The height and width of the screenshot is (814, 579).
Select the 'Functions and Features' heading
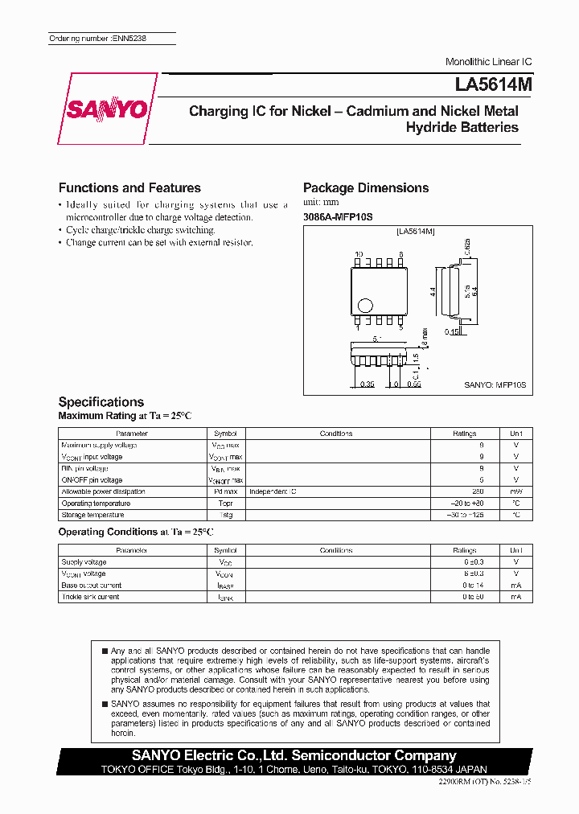pyautogui.click(x=129, y=187)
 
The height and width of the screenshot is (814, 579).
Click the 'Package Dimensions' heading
pyautogui.click(x=366, y=187)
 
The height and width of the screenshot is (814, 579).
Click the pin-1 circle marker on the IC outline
pyautogui.click(x=366, y=305)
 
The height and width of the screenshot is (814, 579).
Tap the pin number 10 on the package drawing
pyautogui.click(x=359, y=254)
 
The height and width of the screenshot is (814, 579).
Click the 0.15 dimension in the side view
pyautogui.click(x=454, y=331)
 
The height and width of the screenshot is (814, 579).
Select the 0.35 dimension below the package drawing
pyautogui.click(x=368, y=384)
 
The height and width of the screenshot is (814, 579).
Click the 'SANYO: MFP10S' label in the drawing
pyautogui.click(x=495, y=385)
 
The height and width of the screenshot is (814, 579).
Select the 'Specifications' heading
pyautogui.click(x=101, y=401)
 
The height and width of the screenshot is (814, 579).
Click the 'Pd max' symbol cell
pyautogui.click(x=225, y=491)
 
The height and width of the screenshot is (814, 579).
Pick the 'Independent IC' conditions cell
pyautogui.click(x=273, y=491)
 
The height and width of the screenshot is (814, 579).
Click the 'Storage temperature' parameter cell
pyautogui.click(x=92, y=515)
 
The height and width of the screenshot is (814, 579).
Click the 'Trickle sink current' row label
pyautogui.click(x=90, y=597)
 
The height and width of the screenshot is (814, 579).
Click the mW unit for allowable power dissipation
pyautogui.click(x=515, y=491)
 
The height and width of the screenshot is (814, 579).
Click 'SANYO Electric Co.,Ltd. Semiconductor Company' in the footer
pyautogui.click(x=294, y=755)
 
